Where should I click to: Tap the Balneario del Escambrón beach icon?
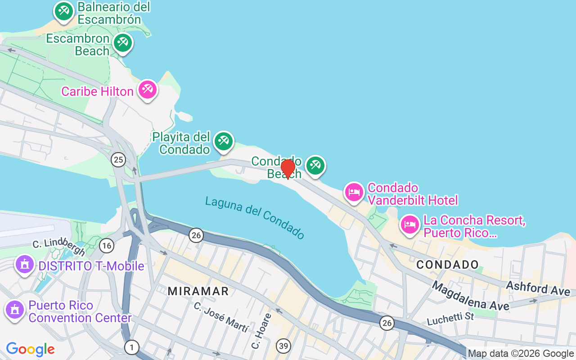pos(63,11)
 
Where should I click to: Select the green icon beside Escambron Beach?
pos(122,43)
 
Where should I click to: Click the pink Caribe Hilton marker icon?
pos(147,90)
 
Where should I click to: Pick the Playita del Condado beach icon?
pos(223,141)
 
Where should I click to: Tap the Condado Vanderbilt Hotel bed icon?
pos(354,192)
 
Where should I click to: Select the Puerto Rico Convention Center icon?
pos(15,310)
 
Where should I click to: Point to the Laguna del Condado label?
pos(255,218)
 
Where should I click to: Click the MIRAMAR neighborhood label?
pos(198,291)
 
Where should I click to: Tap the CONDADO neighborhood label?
pos(447,265)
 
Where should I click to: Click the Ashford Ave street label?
pos(538,288)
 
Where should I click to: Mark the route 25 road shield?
pos(118,159)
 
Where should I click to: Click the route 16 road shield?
pos(107,245)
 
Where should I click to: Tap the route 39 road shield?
pos(283,346)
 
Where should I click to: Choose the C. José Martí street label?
pos(221,317)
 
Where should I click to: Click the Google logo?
pos(31,349)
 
